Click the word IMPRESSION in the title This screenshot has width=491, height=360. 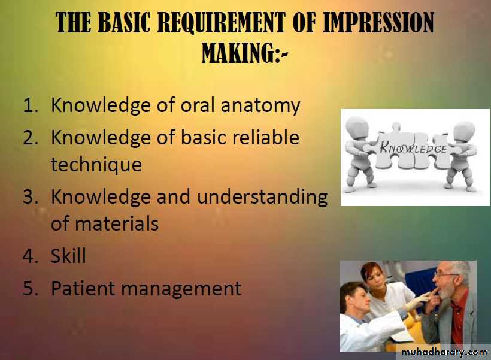coord(378,23)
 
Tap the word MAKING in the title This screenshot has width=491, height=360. coord(238,53)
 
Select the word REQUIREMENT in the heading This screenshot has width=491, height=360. coord(221,23)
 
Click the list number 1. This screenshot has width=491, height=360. coord(31,105)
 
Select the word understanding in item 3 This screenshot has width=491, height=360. coord(262,198)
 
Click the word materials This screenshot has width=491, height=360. coord(117,223)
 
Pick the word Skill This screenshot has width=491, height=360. coord(68,255)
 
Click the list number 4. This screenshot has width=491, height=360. coord(31,256)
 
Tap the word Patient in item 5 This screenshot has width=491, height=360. coord(83,288)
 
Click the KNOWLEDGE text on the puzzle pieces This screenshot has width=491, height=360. coord(413,147)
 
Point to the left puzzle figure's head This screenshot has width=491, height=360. coord(357,128)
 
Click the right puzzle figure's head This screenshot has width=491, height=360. coord(465,131)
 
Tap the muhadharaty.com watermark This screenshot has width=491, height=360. coord(444,352)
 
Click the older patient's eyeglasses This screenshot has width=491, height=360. coord(445,275)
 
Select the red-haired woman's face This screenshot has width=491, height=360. coord(375,280)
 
